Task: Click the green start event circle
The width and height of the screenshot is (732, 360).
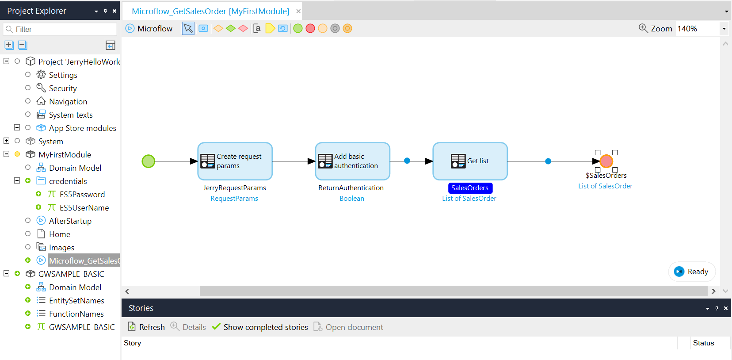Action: (x=149, y=161)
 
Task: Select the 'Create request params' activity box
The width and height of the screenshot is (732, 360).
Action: (x=235, y=161)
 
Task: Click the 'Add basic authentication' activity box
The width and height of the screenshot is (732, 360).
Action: (x=353, y=161)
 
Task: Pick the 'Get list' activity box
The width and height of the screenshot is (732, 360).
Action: (x=470, y=161)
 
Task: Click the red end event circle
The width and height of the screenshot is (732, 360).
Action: (x=606, y=161)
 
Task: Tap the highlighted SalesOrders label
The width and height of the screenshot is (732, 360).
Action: (x=470, y=188)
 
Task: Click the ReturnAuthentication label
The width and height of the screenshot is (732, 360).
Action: (x=351, y=188)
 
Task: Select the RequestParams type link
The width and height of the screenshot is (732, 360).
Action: (x=234, y=199)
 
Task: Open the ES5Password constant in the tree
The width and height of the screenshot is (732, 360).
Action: (x=82, y=195)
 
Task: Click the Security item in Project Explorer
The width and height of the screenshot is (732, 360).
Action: (x=63, y=88)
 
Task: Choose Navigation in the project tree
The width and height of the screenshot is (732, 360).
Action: (x=68, y=102)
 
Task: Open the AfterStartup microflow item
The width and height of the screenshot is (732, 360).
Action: (x=70, y=221)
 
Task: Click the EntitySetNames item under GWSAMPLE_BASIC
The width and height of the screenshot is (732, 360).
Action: (x=76, y=300)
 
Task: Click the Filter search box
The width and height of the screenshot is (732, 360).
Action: (x=60, y=29)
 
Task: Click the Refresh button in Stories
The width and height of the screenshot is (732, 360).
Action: (x=146, y=327)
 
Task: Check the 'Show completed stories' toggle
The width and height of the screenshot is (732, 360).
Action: (x=260, y=327)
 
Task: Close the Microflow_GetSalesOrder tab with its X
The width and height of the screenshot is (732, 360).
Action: (x=298, y=11)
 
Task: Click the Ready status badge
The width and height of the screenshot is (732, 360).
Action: (x=692, y=272)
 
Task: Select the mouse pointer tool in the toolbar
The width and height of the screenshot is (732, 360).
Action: (x=188, y=28)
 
